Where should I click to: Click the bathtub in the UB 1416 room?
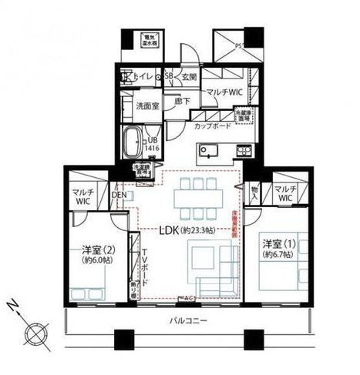click(x=133, y=144)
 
